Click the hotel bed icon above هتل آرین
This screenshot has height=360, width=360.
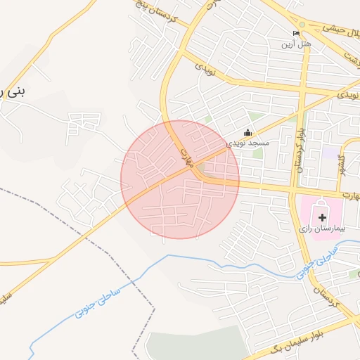296,34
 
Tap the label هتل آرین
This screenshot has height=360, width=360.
296,44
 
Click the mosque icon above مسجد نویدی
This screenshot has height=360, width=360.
247,131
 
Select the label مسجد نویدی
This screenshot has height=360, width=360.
248,143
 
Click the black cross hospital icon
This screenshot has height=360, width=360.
323,218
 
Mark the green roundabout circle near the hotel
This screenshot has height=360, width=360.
303,23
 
